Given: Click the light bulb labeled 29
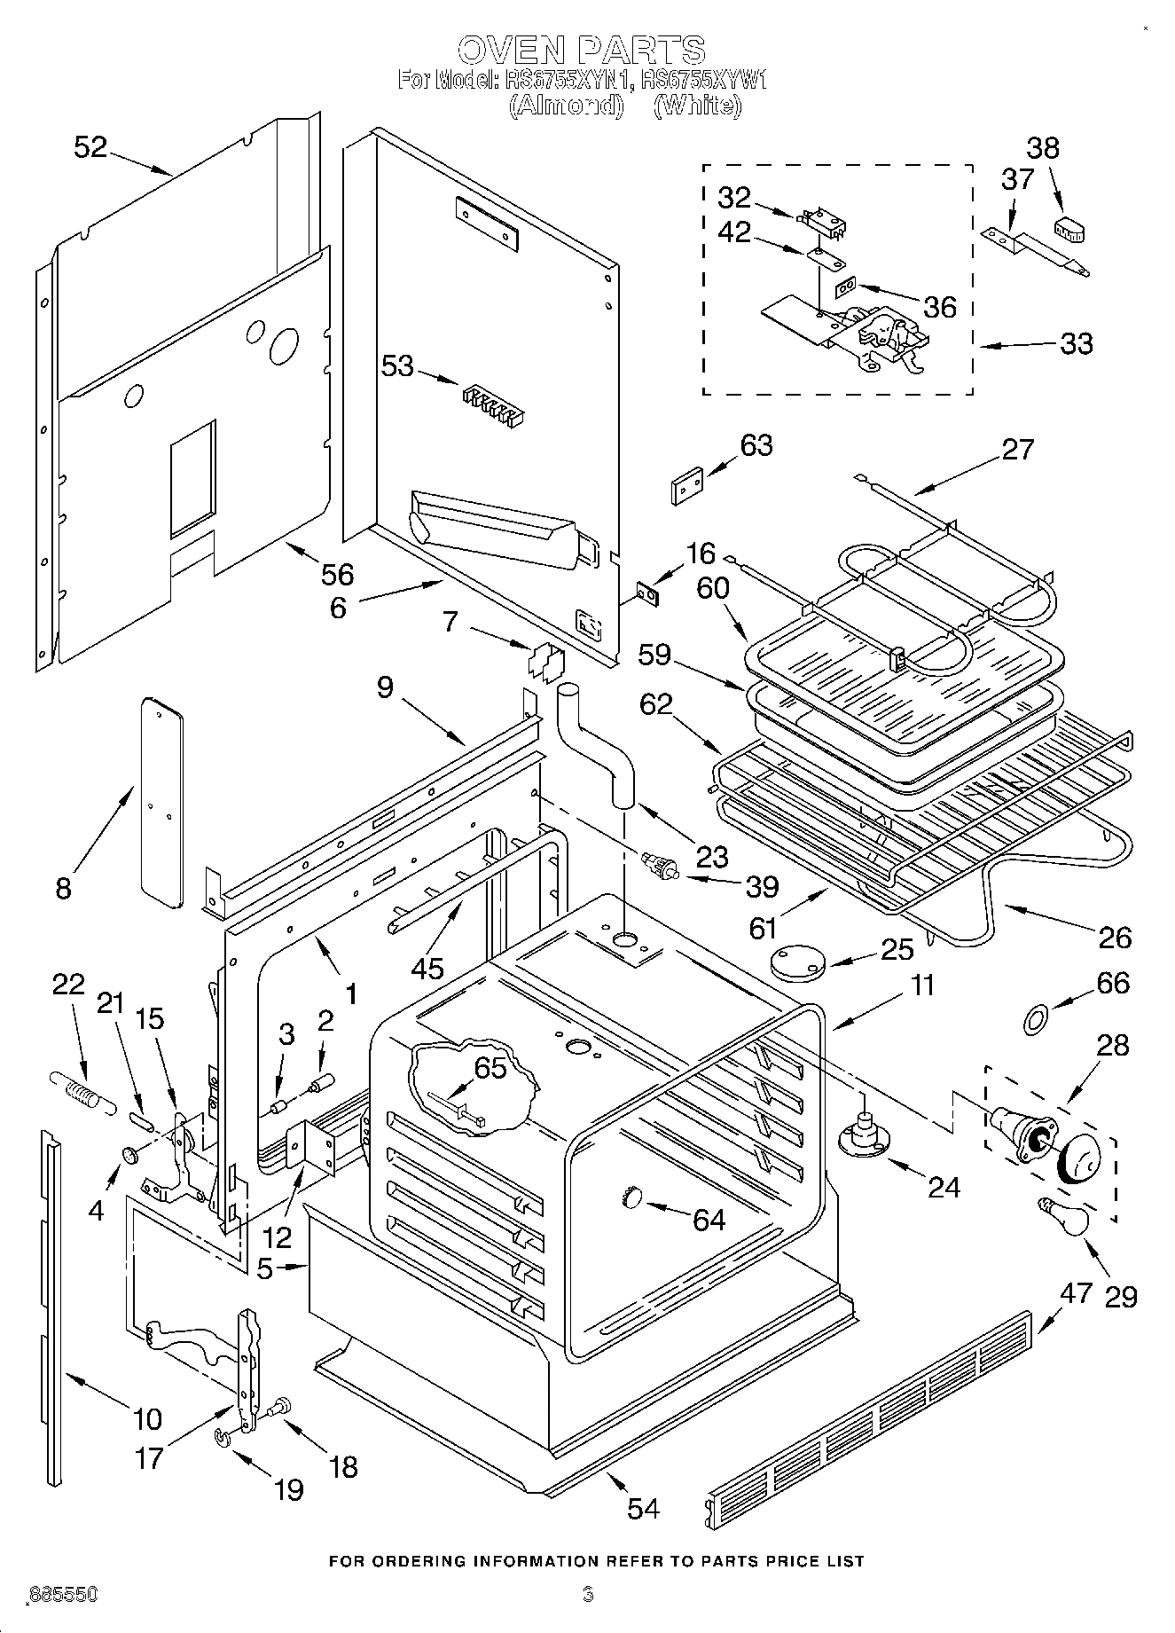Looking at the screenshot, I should click(1063, 1217).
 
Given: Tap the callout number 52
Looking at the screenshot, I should click(90, 147).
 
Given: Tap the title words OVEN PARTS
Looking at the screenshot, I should click(581, 49).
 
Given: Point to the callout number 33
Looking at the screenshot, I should click(1076, 344).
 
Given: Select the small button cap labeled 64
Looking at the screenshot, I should click(631, 1197).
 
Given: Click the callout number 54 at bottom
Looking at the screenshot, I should click(643, 1508).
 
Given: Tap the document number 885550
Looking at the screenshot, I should click(62, 1595).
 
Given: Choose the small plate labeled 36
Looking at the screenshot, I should click(845, 288).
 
